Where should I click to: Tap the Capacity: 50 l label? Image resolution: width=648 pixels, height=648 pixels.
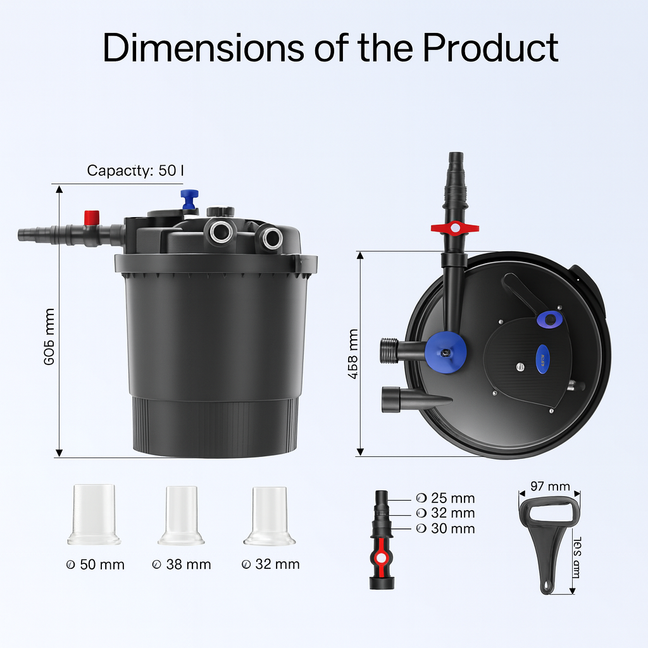(135, 170)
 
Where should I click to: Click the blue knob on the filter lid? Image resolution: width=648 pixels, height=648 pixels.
(189, 198)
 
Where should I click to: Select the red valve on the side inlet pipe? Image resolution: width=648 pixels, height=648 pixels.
(92, 217)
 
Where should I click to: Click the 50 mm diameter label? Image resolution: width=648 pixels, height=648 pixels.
(96, 564)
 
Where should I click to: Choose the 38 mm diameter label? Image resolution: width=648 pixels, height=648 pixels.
(182, 564)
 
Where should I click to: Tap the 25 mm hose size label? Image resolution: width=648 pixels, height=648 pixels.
(445, 498)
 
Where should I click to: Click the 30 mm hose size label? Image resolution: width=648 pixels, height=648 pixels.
(445, 528)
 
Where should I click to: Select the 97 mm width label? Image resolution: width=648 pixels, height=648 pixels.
(550, 487)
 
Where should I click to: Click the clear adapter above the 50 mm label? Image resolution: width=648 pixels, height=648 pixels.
(94, 514)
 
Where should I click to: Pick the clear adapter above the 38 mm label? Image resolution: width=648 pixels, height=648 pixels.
(181, 514)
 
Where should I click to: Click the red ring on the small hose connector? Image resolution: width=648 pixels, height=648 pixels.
(381, 558)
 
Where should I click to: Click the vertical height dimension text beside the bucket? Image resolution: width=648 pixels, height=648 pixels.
(49, 336)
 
